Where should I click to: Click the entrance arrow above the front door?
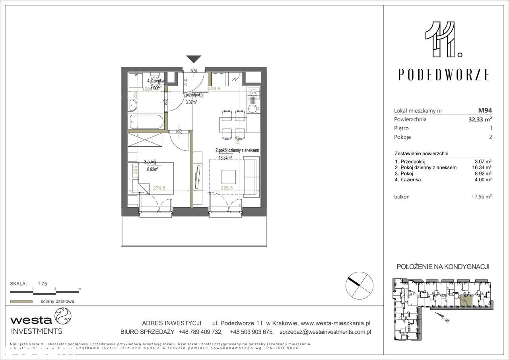pyautogui.click(x=194, y=59)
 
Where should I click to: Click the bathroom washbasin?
pyautogui.click(x=133, y=106)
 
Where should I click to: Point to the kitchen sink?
pyautogui.click(x=251, y=107)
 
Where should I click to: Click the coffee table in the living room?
pyautogui.click(x=229, y=176)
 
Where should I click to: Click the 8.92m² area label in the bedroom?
pyautogui.click(x=153, y=169)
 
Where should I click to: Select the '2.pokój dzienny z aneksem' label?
pyautogui.click(x=237, y=151)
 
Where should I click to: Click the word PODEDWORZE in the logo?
pyautogui.click(x=444, y=74)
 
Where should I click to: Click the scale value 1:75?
pyautogui.click(x=43, y=284)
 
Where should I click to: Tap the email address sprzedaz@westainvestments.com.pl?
pyautogui.click(x=325, y=331)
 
